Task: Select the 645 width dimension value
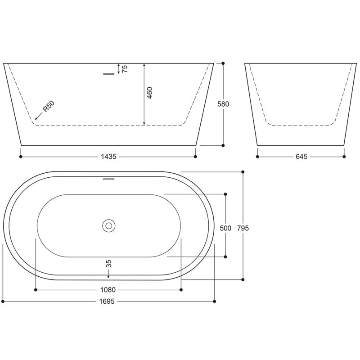pyautogui.click(x=301, y=157)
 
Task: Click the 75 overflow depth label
pyautogui.click(x=125, y=69)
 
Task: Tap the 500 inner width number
pyautogui.click(x=225, y=228)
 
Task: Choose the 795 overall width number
pyautogui.click(x=243, y=228)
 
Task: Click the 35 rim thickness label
pyautogui.click(x=108, y=264)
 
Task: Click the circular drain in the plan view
pyautogui.click(x=108, y=225)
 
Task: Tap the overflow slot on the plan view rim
pyautogui.click(x=109, y=179)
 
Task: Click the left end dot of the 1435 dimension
pyautogui.click(x=21, y=157)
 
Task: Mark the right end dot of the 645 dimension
pyautogui.click(x=345, y=157)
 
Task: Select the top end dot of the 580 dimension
pyautogui.click(x=224, y=63)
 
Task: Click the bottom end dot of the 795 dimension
pyautogui.click(x=243, y=279)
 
